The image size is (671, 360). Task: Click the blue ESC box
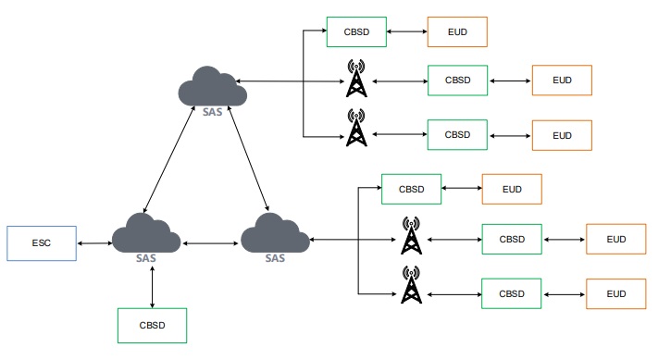[41, 242]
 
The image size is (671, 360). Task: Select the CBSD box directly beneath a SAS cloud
[153, 326]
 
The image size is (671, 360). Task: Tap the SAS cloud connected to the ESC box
[145, 236]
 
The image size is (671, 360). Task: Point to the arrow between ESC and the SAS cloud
[93, 243]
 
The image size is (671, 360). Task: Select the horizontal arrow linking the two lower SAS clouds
[211, 243]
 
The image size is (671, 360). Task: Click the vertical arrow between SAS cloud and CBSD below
[152, 288]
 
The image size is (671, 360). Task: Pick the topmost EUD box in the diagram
[456, 32]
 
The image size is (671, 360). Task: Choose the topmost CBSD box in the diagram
[356, 32]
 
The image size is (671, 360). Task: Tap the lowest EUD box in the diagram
[615, 293]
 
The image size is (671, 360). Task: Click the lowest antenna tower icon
[411, 284]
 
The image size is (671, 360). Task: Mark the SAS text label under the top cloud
[212, 113]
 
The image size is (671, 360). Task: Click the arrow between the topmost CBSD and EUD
[406, 32]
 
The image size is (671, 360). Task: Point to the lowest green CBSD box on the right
[512, 293]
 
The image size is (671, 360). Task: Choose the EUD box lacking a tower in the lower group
[512, 189]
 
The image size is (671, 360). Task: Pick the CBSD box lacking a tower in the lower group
[411, 189]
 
